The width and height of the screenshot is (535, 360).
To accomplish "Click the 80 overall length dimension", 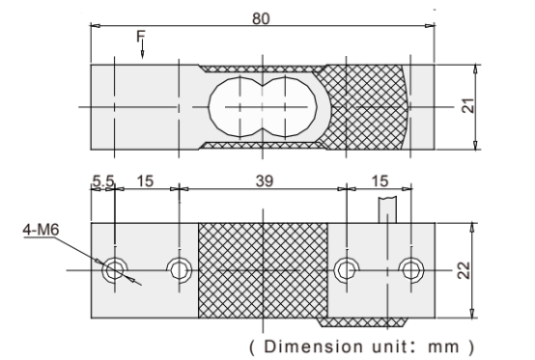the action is coord(261,18).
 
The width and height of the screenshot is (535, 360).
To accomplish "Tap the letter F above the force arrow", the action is coord(141,36).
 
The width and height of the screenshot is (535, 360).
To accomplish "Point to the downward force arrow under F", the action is coord(142,49).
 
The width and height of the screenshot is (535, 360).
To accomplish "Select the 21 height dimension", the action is coord(469,105).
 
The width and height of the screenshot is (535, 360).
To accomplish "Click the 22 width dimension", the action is coord(464,270).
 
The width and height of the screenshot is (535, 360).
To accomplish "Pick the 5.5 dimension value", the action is coord(103,181).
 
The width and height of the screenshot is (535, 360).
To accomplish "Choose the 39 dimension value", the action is coord(265,181).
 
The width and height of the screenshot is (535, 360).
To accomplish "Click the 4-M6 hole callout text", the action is coord(41,230).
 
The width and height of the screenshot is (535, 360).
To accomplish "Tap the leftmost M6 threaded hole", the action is coord(115,270).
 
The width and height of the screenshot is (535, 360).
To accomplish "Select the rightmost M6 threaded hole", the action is coord(411,270).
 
